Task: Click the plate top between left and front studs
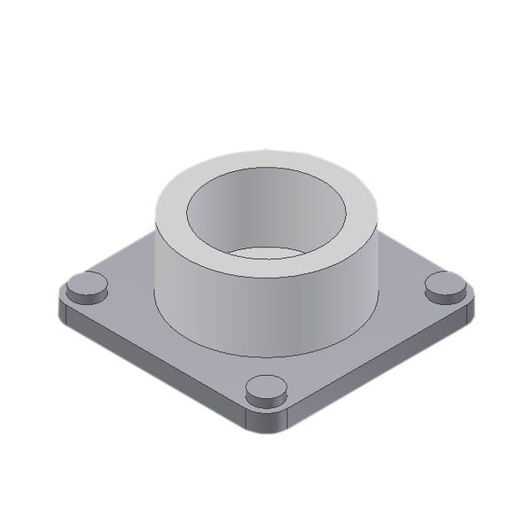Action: tap(168, 341)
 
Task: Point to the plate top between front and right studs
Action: tap(364, 341)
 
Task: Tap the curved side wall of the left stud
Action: tap(87, 298)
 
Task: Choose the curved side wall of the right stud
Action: tap(445, 298)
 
